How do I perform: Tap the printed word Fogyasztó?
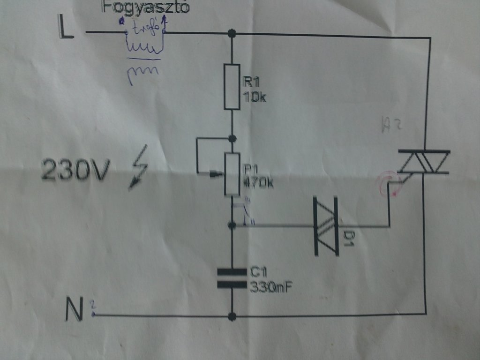[x=145, y=8]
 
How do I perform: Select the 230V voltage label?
[x=75, y=170]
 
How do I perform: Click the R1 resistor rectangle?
[x=232, y=87]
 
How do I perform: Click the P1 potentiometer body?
[x=232, y=173]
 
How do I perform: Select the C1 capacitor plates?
[x=232, y=277]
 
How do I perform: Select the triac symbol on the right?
[x=424, y=162]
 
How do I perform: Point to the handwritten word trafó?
[x=145, y=29]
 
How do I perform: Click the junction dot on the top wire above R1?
[x=232, y=33]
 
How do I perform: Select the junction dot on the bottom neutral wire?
[x=232, y=316]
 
